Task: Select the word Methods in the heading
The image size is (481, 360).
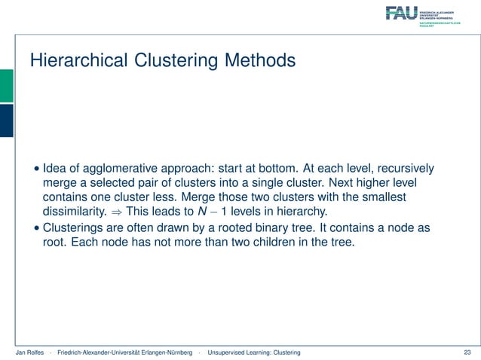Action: tap(259, 59)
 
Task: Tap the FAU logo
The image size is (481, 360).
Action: tap(401, 13)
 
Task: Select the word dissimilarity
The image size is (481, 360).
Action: tap(76, 212)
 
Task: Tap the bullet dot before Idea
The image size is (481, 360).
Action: tap(36, 168)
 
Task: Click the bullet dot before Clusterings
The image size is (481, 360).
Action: tap(36, 229)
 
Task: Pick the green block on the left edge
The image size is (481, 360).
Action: tap(6, 85)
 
